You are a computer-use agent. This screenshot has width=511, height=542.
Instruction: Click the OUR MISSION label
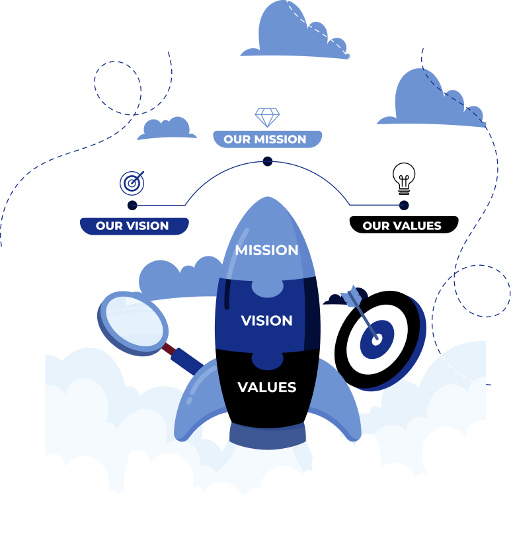[x=265, y=139]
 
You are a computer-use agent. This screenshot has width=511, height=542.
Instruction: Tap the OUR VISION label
[x=132, y=226]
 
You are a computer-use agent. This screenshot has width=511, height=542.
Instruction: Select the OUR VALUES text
[x=401, y=226]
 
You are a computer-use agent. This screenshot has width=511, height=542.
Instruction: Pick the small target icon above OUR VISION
[x=132, y=182]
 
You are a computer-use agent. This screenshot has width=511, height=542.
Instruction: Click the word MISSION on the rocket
[x=267, y=251]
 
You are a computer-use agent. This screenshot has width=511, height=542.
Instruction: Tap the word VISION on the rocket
[x=267, y=321]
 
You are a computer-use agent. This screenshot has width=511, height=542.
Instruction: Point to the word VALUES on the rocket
[x=267, y=387]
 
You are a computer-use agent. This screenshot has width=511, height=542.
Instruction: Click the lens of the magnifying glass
[x=133, y=322]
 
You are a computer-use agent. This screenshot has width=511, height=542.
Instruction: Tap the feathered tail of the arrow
[x=351, y=293]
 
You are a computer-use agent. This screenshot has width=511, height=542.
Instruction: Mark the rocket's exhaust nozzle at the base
[x=267, y=436]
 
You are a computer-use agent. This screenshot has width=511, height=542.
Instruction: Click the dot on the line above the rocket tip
[x=267, y=161]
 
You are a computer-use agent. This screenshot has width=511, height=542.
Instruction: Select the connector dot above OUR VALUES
[x=404, y=205]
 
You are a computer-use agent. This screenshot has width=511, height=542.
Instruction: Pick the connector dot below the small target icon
[x=132, y=205]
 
